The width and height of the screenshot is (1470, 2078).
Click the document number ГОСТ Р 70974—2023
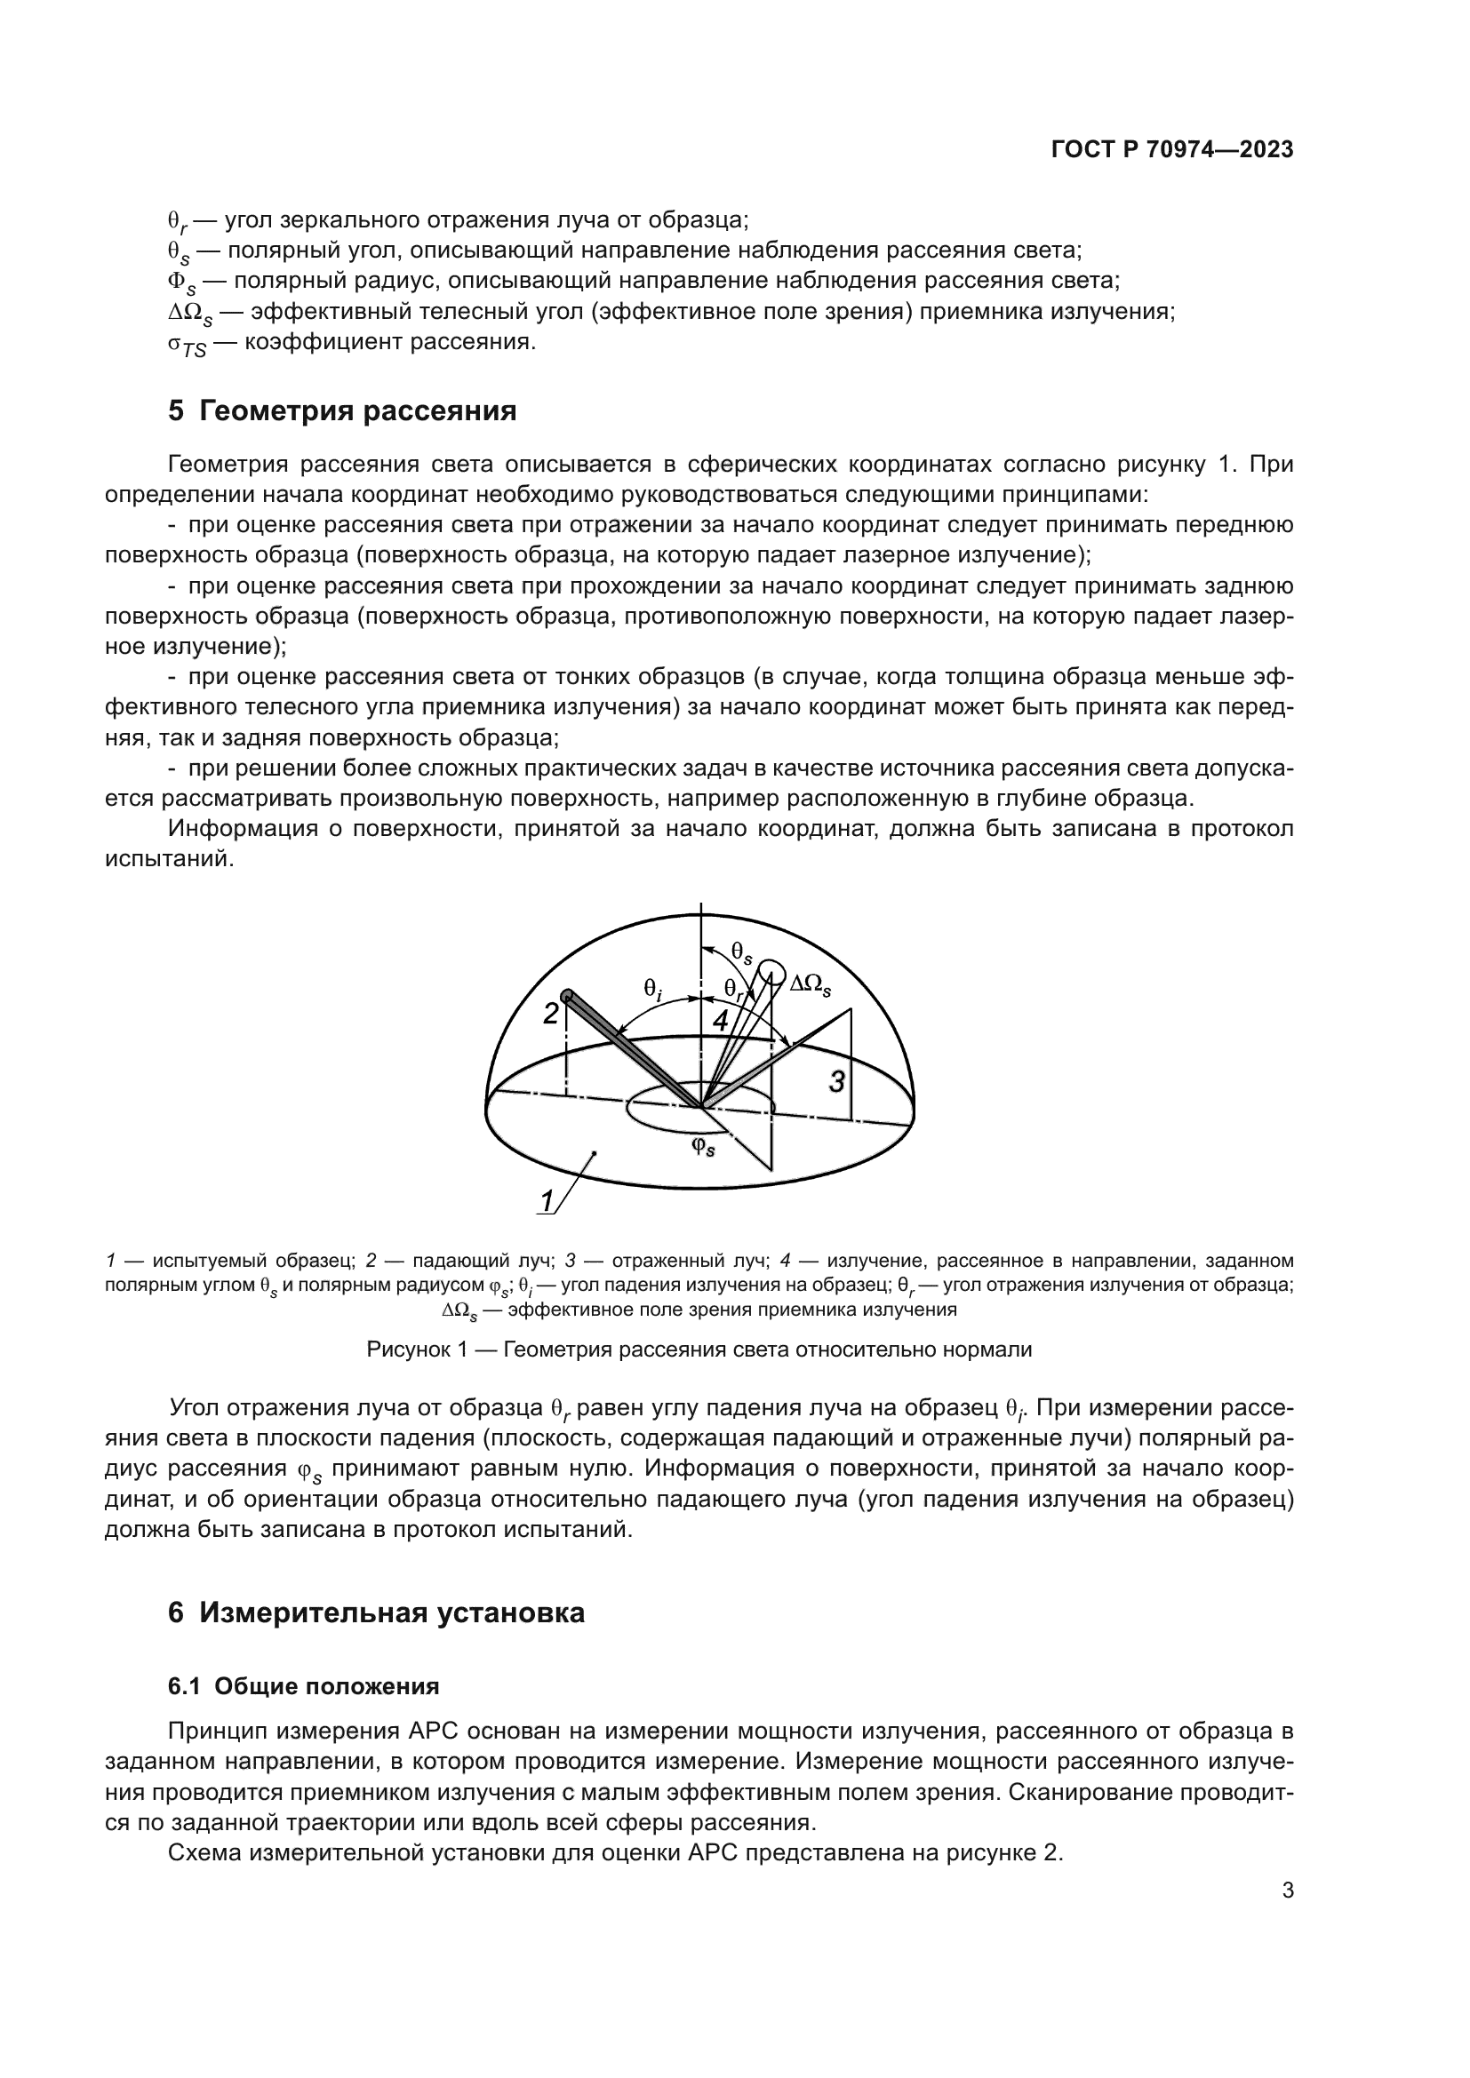1172,150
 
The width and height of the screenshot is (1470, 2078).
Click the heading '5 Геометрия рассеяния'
342,411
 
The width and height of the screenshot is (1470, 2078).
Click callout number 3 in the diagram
837,1081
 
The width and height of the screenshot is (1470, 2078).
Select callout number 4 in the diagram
721,1022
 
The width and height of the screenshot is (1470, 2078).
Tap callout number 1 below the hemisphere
547,1201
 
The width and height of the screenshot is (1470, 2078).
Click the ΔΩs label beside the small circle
811,984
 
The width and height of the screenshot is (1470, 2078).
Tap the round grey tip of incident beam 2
568,997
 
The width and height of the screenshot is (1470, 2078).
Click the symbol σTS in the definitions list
187,345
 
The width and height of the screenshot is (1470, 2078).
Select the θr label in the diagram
734,987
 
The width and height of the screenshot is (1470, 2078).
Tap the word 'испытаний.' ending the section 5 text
170,859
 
